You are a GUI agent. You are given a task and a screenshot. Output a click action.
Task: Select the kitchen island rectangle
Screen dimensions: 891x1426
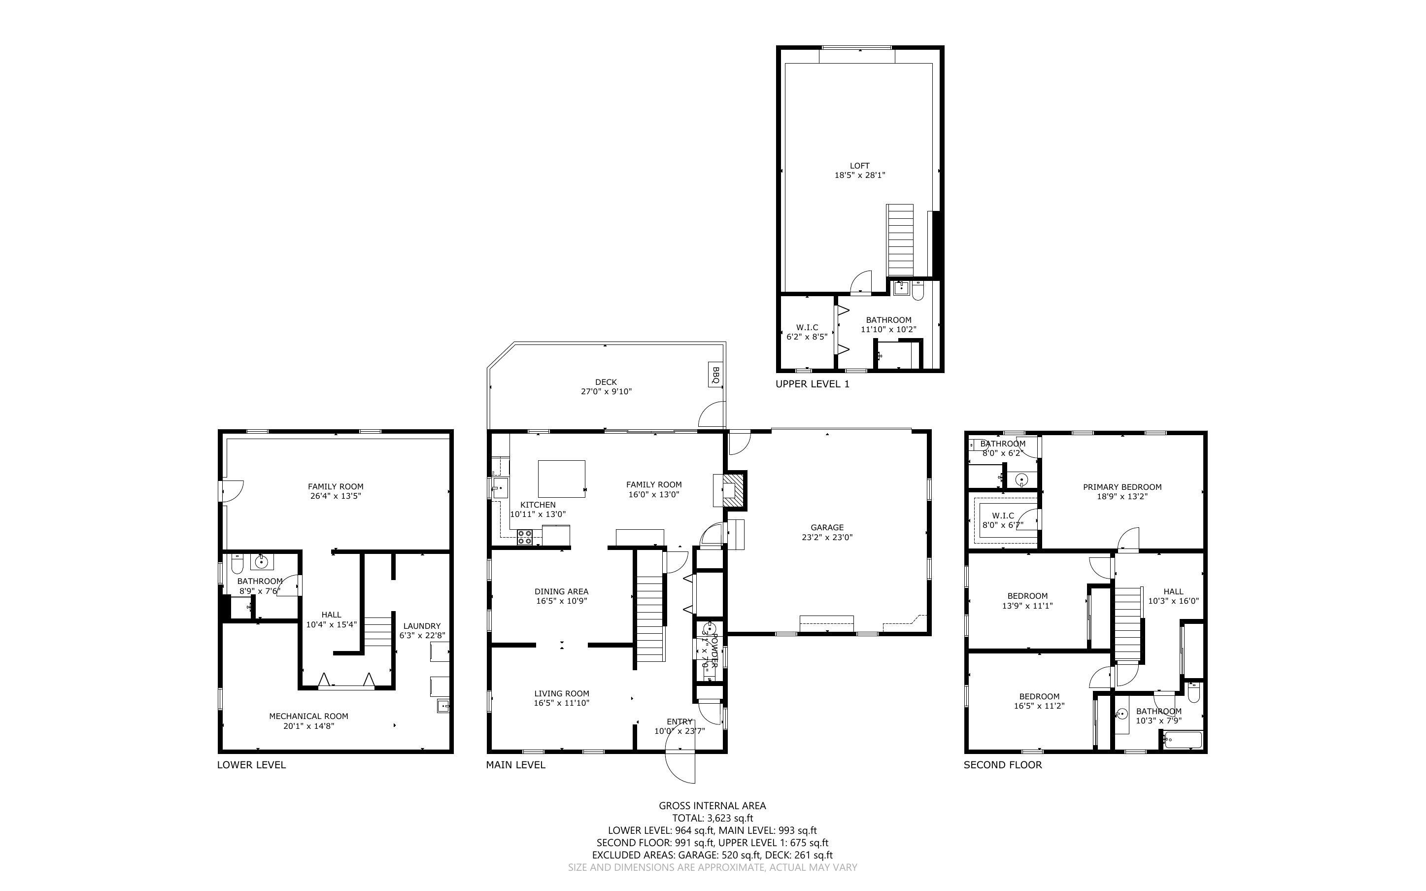[561, 479]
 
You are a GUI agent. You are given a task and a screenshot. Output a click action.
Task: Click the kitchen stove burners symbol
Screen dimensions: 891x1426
[525, 537]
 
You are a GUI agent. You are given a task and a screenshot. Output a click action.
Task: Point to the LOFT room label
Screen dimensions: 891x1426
[859, 166]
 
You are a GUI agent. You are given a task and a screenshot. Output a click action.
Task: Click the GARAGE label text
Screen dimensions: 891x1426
[827, 527]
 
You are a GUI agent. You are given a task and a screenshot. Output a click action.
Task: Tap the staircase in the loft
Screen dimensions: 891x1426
[899, 240]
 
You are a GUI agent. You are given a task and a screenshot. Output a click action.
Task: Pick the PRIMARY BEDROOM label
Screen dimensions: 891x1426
[1122, 487]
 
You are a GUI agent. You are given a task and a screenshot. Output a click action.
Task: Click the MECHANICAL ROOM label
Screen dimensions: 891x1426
[308, 716]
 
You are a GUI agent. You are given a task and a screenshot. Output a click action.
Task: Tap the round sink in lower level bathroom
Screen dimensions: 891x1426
[260, 562]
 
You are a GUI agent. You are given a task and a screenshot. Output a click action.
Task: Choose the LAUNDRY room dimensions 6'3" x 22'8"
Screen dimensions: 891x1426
[422, 635]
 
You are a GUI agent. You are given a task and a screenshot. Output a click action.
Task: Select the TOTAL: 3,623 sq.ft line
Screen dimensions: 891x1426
[712, 818]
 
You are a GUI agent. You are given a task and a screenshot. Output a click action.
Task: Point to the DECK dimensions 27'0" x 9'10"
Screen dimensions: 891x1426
[606, 391]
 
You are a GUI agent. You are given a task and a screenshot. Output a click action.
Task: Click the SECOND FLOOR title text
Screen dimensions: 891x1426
[1003, 765]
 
